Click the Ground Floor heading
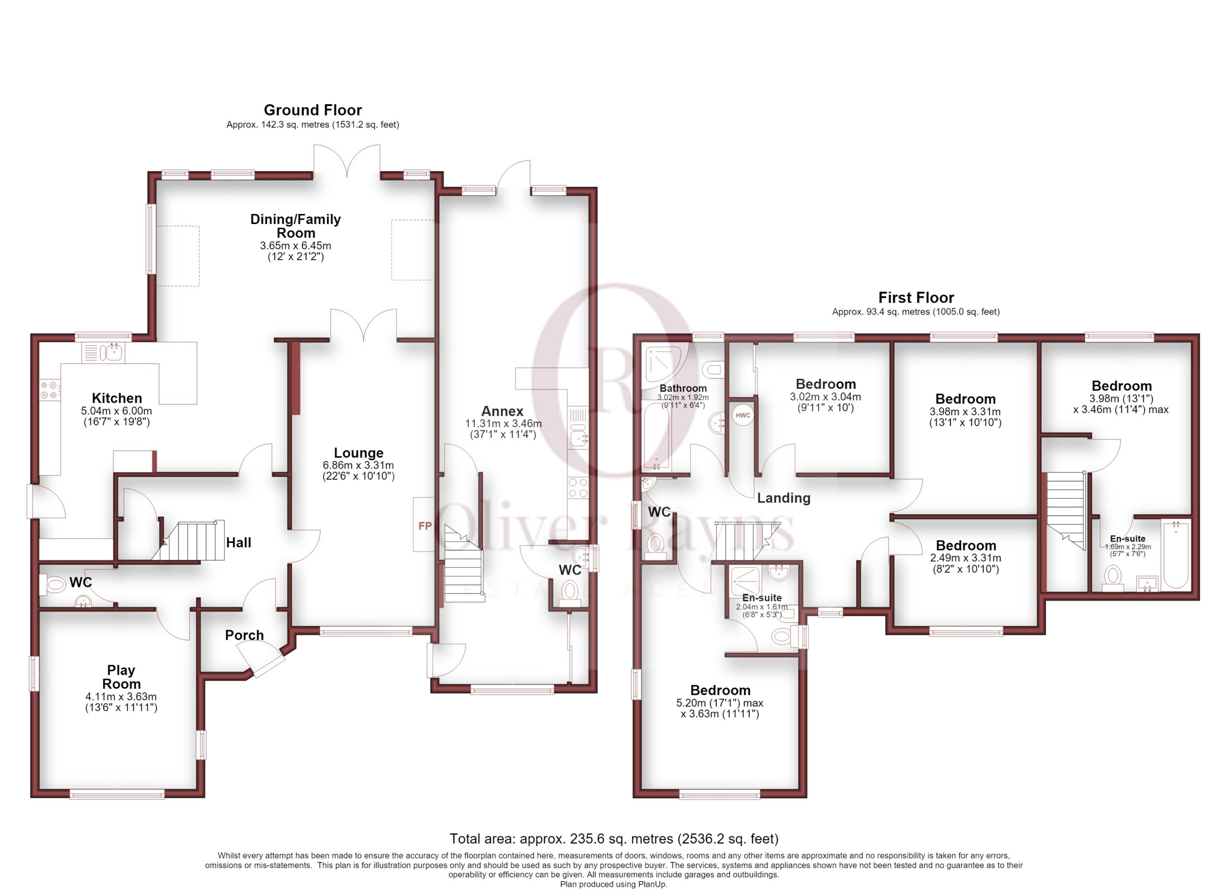(x=312, y=110)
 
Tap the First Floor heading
(x=916, y=297)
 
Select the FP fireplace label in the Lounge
(x=425, y=526)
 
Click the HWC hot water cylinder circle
(x=743, y=415)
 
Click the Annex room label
(x=502, y=411)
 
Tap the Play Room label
(x=121, y=677)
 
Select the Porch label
(x=244, y=635)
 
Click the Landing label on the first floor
(x=783, y=498)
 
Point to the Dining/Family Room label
(x=295, y=226)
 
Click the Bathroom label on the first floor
(x=683, y=388)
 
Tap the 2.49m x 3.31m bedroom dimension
(x=966, y=557)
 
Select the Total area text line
(x=614, y=838)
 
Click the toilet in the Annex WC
(x=569, y=590)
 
